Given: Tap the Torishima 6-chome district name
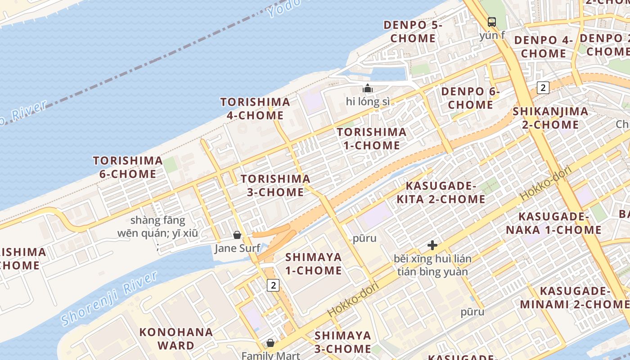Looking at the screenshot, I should click(128, 167).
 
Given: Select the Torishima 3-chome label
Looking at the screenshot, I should click(275, 185).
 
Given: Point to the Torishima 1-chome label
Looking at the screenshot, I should click(372, 139).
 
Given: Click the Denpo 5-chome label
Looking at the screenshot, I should click(413, 31).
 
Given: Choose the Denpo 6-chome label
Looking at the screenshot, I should click(471, 98).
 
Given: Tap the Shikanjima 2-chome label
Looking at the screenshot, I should click(550, 118).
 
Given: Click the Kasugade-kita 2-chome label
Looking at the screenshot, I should click(441, 193).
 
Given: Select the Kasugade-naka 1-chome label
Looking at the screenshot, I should click(553, 224).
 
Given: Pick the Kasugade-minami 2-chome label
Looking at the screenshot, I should click(571, 297).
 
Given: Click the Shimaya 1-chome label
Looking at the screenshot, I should click(314, 264).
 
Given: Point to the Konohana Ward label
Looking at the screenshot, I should click(176, 339).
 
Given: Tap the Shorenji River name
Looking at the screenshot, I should click(109, 298).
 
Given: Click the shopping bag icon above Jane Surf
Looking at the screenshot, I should click(237, 235).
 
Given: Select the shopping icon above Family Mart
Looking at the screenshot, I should click(270, 343).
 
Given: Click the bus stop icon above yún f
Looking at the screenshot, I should click(492, 22).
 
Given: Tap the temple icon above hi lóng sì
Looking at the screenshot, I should click(368, 88).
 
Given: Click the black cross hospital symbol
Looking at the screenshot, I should click(432, 245).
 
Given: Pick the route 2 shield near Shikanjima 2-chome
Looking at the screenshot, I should click(543, 88).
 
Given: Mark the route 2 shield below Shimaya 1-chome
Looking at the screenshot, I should click(273, 285).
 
